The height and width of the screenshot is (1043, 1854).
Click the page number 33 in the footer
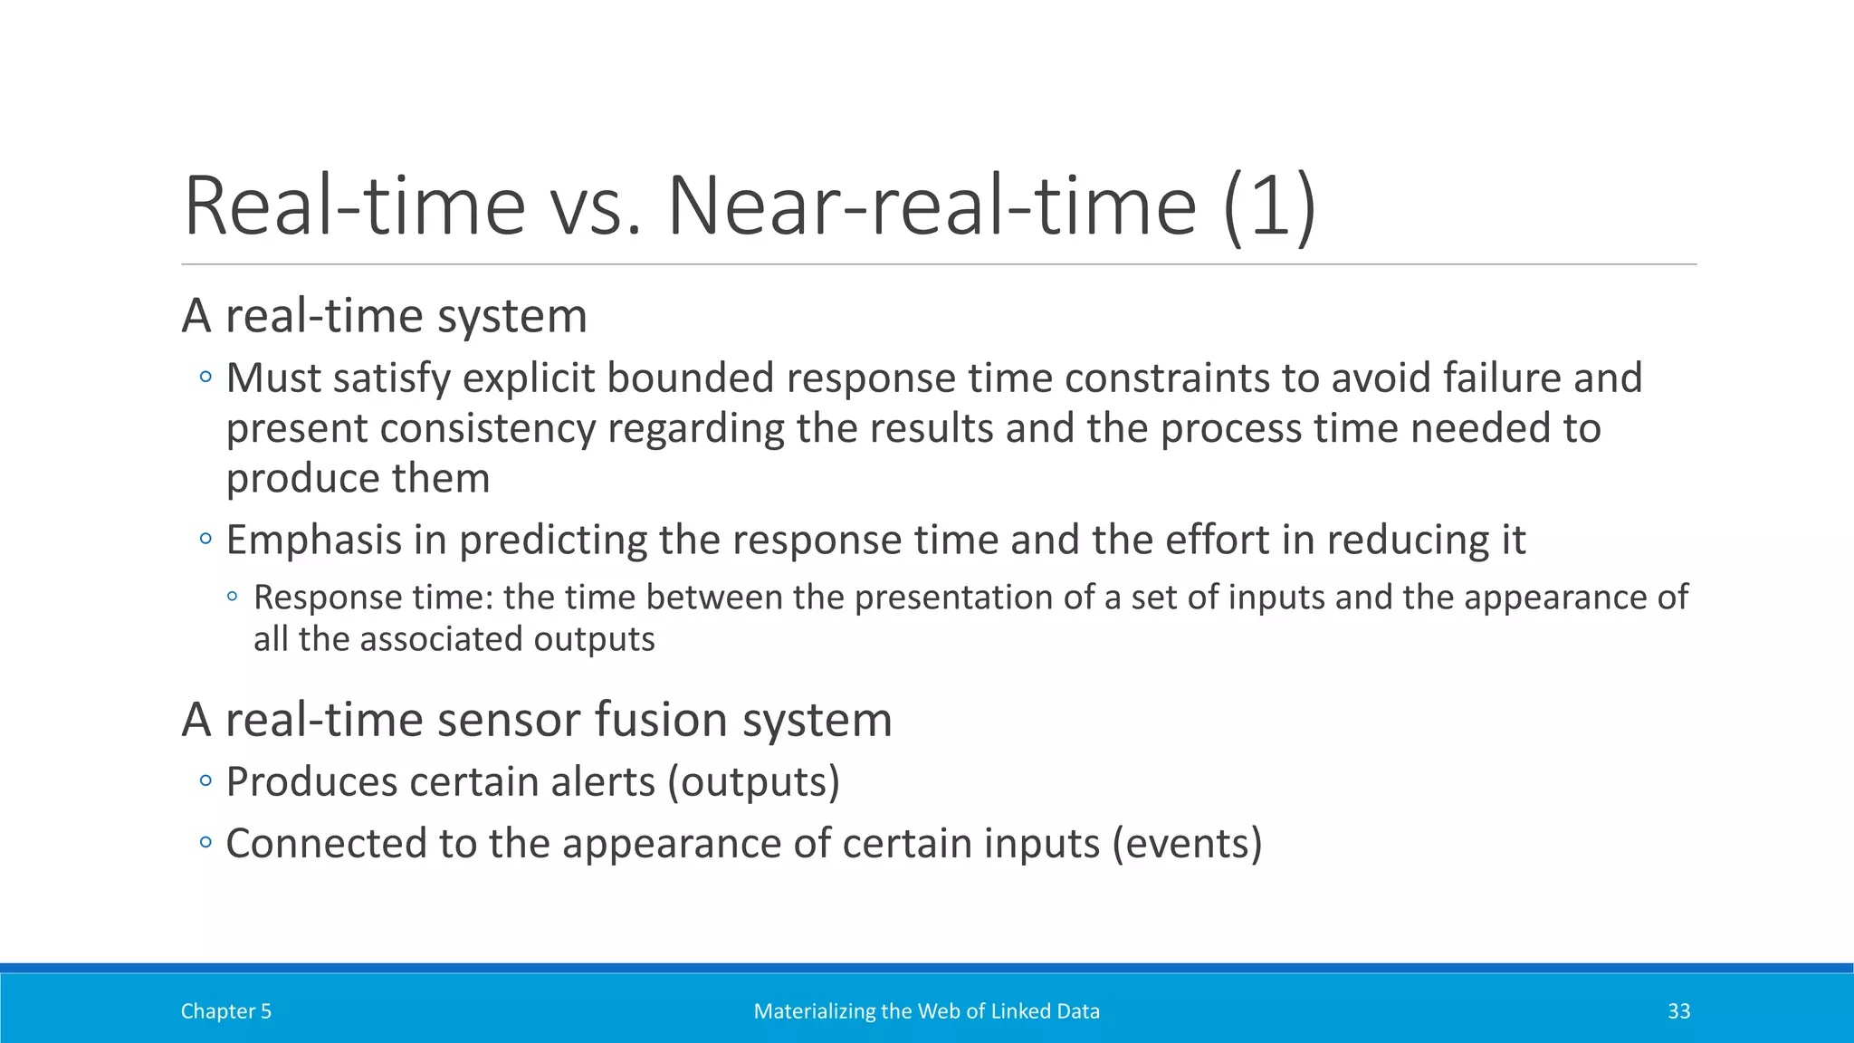click(1678, 1011)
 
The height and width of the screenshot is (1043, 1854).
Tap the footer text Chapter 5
click(225, 1011)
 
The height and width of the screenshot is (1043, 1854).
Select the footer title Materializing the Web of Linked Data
click(926, 1011)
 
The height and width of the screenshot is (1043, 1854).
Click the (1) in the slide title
click(1269, 206)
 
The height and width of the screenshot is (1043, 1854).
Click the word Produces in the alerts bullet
click(311, 782)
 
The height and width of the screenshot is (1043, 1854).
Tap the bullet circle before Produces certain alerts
click(205, 780)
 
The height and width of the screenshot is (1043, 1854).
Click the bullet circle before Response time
click(233, 597)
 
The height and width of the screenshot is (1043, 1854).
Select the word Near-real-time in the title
click(932, 206)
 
